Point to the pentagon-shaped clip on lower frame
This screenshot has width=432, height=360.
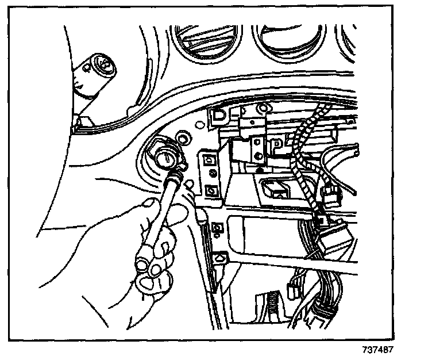click(219, 258)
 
